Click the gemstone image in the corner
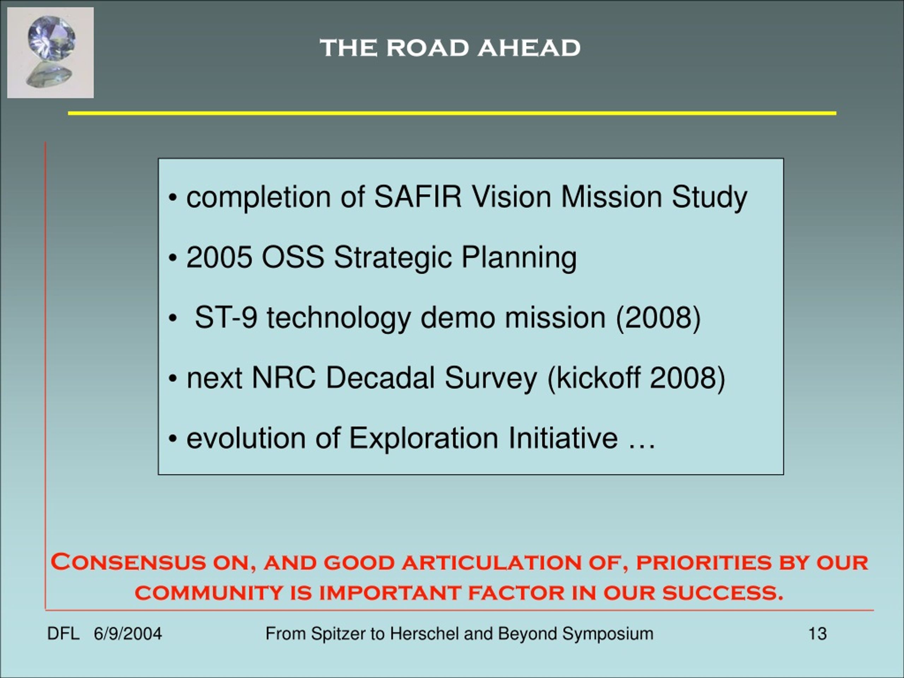(x=50, y=53)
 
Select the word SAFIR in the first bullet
(x=418, y=197)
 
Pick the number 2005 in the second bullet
(x=219, y=257)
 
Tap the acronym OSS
(x=293, y=257)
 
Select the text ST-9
(x=226, y=317)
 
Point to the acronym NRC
(x=284, y=377)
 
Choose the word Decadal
(x=380, y=377)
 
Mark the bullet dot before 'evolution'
(x=173, y=440)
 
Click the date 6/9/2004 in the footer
(x=127, y=634)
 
